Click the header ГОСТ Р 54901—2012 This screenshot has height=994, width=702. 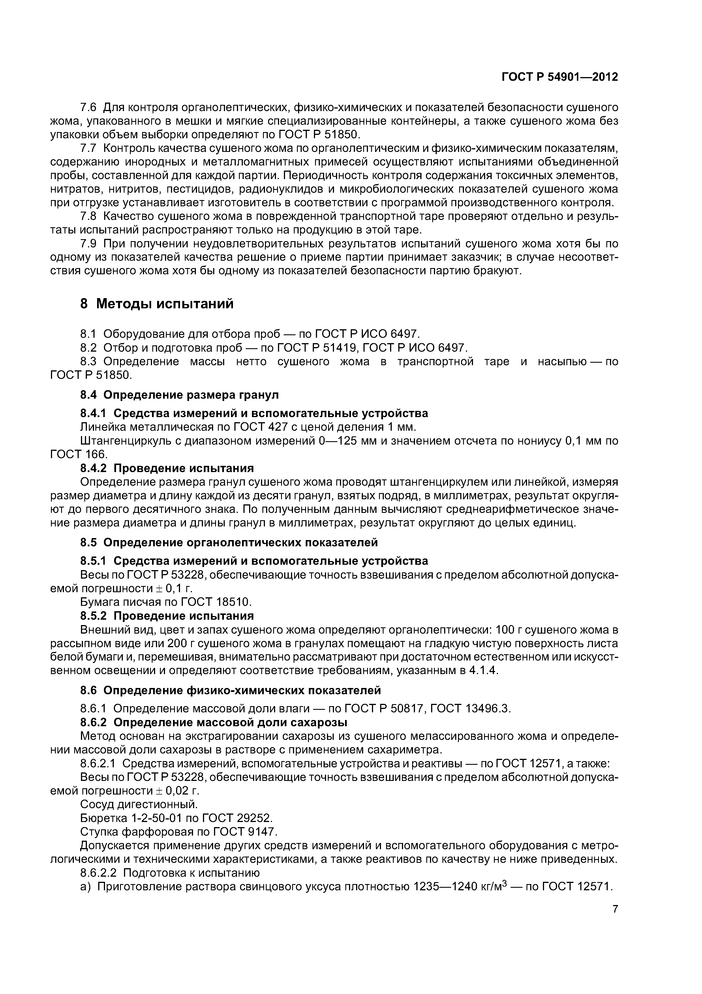pos(560,77)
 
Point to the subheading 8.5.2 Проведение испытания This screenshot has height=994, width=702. pos(167,616)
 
